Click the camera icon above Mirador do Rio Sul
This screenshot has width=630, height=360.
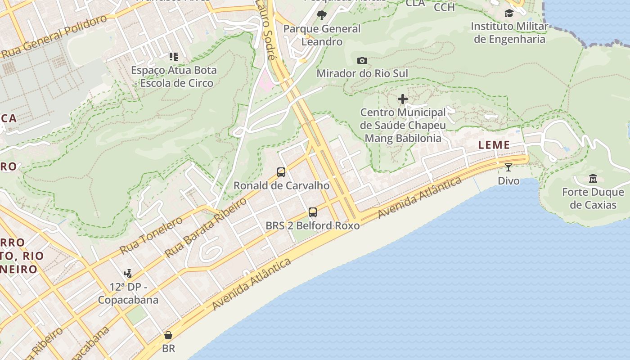[x=362, y=60]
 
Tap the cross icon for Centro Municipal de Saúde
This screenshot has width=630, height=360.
[x=403, y=99]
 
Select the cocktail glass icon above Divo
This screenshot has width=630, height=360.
[x=508, y=167]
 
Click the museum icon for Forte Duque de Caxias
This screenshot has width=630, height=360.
[x=593, y=178]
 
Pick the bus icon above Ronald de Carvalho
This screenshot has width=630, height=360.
[x=281, y=172]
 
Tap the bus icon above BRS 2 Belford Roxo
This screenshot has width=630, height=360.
[x=312, y=212]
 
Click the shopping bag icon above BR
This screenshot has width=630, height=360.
[x=168, y=335]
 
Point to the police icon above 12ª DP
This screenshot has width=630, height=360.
[x=128, y=273]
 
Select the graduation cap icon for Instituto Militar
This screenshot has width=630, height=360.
[x=509, y=13]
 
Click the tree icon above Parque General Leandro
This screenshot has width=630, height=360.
[x=321, y=15]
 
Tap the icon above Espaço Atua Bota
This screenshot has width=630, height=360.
[x=173, y=57]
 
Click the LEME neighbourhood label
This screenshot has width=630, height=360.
[x=494, y=145]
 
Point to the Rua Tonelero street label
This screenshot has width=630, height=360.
[x=151, y=235]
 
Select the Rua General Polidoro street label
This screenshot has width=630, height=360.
[x=54, y=37]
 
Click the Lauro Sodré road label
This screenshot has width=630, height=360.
[x=265, y=30]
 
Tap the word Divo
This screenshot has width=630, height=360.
[x=508, y=181]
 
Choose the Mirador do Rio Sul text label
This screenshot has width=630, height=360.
[x=362, y=73]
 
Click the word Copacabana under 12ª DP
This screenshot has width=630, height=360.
[x=128, y=300]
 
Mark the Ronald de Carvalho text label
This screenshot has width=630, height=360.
[x=281, y=185]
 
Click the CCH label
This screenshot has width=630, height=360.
[x=444, y=7]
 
